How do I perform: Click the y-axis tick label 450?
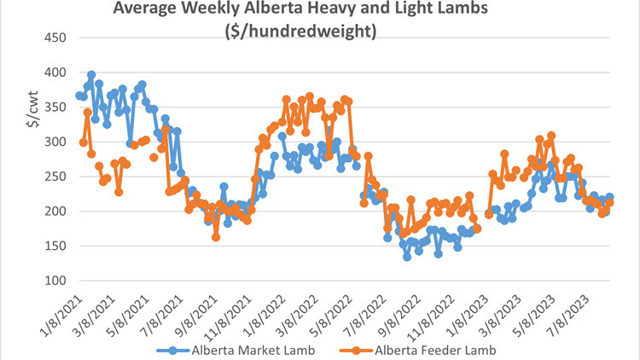point(55,38)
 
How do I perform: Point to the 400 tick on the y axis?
point(55,73)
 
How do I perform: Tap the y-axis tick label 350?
point(55,107)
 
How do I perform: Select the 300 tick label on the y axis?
point(55,142)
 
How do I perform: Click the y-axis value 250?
point(55,177)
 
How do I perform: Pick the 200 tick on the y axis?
point(55,211)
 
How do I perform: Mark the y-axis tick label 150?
point(55,246)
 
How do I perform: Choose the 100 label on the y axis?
point(55,281)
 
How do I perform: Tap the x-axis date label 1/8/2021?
point(64,311)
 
